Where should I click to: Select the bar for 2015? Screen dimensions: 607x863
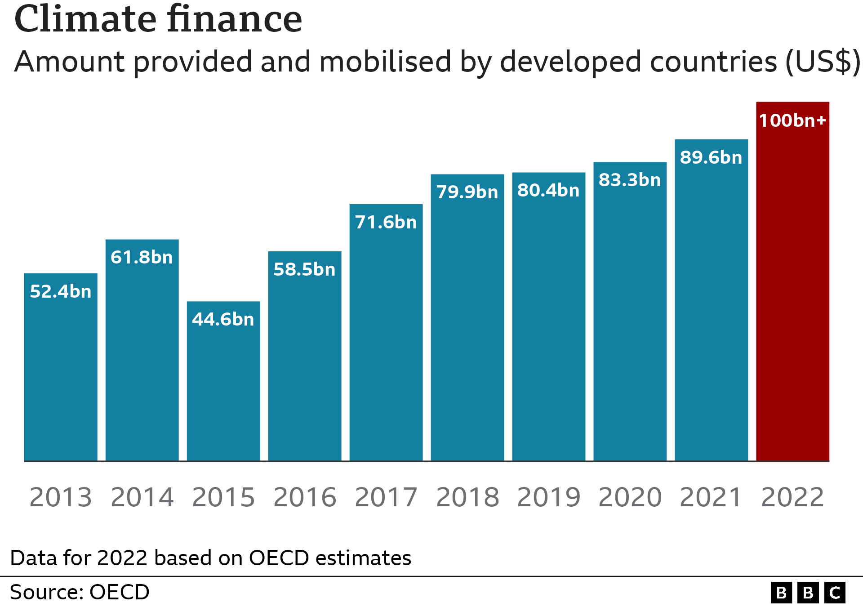[223, 387]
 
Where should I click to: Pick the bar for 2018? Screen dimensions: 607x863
[467, 324]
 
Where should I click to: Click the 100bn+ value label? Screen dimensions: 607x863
[792, 121]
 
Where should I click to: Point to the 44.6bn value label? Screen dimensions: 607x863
[223, 319]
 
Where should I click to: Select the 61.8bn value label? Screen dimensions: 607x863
[142, 257]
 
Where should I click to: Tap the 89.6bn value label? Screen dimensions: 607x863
[711, 157]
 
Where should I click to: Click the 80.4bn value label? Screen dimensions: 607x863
[548, 190]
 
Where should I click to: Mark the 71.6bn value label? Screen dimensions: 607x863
[386, 222]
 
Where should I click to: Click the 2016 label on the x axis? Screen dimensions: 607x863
[305, 497]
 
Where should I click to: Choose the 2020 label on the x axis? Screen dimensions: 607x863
[630, 497]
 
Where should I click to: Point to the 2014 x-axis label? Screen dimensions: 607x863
[142, 497]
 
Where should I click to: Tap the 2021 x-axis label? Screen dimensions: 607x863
[711, 497]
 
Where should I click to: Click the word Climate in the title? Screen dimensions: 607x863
[85, 20]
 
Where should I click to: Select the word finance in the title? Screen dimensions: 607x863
[235, 20]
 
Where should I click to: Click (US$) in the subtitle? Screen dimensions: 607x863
[823, 62]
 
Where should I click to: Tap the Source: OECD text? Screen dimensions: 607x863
[80, 592]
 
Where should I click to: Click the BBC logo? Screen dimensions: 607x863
[808, 593]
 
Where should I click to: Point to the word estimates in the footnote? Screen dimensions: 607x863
[363, 558]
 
